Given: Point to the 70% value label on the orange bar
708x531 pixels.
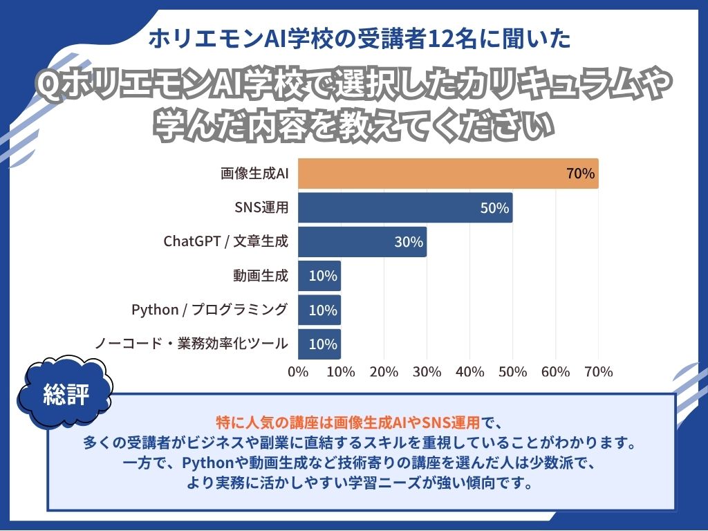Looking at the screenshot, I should tap(580, 174).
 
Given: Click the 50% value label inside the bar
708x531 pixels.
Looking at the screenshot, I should tap(494, 208).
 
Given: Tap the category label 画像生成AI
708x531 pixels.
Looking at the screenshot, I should tap(254, 174).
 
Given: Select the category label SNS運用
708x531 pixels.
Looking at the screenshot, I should tap(261, 207).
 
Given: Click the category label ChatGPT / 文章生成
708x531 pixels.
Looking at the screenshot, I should tap(225, 242).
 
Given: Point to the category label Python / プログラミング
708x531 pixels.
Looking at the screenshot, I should tap(209, 310).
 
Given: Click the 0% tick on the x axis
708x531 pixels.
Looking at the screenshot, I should tap(298, 372).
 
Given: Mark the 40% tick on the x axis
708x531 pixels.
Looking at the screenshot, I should tap(470, 372).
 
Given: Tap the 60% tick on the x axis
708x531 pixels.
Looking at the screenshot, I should tap(556, 372).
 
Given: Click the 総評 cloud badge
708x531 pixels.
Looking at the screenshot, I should tap(66, 393).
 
